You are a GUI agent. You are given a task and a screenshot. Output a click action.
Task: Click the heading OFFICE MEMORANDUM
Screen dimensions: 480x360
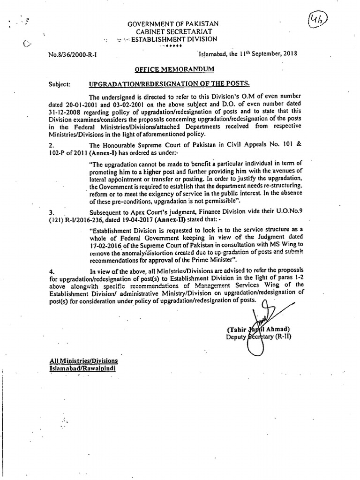(x=174, y=69)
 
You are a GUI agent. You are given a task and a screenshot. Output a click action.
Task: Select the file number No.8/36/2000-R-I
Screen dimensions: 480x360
(x=72, y=54)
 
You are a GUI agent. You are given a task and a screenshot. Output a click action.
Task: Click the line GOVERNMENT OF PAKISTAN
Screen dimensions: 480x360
(x=174, y=24)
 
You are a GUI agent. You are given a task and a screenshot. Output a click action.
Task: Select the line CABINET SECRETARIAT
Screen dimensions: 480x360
(x=174, y=31)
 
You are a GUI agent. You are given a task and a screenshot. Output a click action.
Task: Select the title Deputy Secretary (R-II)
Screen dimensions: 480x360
(x=258, y=337)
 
